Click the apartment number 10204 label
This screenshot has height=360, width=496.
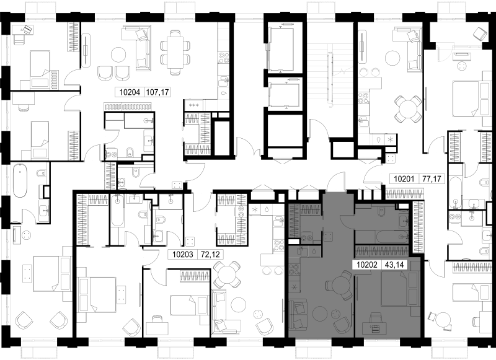click(x=130, y=92)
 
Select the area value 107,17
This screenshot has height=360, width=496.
click(x=157, y=92)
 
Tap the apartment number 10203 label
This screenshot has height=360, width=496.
click(x=182, y=255)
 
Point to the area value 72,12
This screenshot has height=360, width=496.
click(x=210, y=255)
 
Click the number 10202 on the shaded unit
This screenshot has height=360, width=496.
click(x=367, y=265)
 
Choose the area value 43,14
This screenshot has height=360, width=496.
click(x=394, y=265)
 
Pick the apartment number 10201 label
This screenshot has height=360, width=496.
click(x=404, y=179)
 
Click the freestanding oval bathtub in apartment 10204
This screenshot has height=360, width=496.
click(x=20, y=180)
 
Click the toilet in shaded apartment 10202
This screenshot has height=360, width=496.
click(x=381, y=209)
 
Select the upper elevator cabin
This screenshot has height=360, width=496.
click(x=281, y=49)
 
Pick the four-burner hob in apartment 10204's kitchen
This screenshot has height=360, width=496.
click(x=224, y=58)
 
